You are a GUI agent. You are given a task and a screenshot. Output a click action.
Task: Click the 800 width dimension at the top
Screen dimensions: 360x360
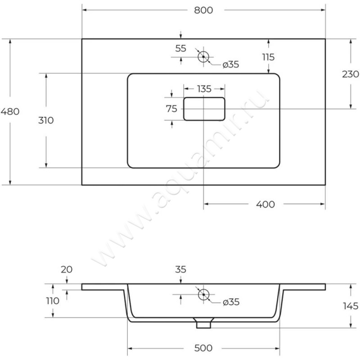point(203,10)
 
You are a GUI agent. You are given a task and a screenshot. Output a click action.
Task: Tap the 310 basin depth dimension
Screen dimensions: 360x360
point(46,120)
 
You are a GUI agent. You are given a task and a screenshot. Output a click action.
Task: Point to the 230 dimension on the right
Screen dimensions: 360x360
point(350,74)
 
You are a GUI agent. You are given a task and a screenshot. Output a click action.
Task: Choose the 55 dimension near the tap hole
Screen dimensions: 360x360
point(180,49)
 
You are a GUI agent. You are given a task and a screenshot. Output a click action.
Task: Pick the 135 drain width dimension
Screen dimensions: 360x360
point(204,89)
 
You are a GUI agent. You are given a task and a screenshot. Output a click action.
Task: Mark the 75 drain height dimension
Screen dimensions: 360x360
point(171,108)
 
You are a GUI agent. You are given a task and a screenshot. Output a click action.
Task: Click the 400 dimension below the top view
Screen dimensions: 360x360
point(265,205)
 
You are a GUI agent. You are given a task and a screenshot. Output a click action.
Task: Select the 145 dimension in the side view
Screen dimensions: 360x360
point(350,306)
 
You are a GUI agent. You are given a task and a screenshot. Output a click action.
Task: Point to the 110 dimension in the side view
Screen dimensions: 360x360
point(53,301)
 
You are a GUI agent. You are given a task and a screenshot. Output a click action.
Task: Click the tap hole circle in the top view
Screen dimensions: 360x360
point(203,57)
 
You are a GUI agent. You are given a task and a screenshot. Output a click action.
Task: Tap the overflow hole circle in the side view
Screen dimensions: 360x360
point(203,295)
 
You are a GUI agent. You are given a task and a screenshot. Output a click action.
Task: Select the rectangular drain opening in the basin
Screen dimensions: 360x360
point(204,109)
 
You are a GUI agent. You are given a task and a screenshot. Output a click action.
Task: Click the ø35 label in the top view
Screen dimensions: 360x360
point(230,65)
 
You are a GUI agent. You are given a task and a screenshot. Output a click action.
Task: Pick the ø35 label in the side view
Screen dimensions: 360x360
point(230,303)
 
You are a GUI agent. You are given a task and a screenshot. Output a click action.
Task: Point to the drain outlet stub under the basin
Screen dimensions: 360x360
point(203,323)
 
